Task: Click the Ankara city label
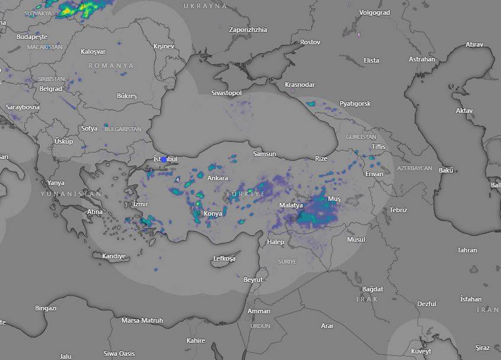217,178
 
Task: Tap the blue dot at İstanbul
164,159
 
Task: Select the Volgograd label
374,12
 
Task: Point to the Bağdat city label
373,289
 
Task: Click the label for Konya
213,213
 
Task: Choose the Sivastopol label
227,93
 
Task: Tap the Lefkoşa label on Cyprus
224,259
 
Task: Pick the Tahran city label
467,250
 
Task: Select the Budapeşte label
31,37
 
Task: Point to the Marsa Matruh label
142,320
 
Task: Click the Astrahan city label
422,59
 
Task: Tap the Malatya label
291,205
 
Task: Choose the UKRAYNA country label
205,6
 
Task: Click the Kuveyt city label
421,351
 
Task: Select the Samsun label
264,154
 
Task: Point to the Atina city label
95,212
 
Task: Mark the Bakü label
446,170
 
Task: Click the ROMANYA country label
111,66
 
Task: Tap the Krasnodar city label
300,85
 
